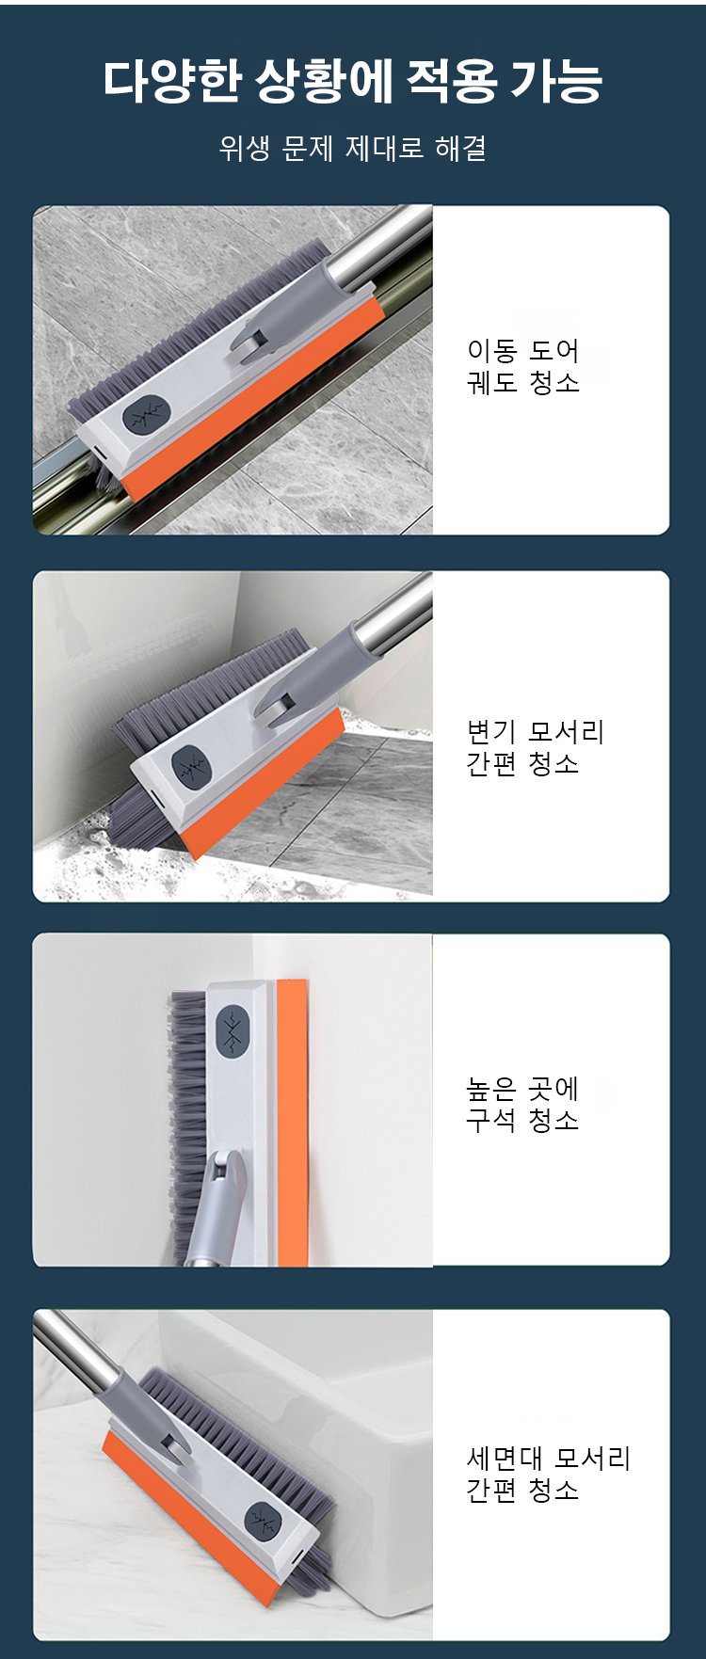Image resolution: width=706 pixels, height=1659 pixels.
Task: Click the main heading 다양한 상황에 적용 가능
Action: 352,81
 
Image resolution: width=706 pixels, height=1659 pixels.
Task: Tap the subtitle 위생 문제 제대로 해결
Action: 352,148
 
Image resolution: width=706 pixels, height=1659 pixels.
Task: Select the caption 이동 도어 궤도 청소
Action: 523,366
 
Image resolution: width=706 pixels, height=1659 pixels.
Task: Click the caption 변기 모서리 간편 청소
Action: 535,747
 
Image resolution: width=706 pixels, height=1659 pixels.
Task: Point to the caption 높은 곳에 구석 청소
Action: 523,1104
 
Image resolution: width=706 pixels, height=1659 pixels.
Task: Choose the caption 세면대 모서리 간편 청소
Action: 548,1474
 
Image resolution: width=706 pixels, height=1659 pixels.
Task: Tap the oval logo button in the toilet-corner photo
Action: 192,767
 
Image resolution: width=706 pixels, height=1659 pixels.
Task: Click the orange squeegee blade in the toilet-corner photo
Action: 264,781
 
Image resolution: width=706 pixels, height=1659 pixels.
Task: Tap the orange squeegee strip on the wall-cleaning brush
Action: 292,1122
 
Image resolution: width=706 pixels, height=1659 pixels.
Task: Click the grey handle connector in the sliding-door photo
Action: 282,311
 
